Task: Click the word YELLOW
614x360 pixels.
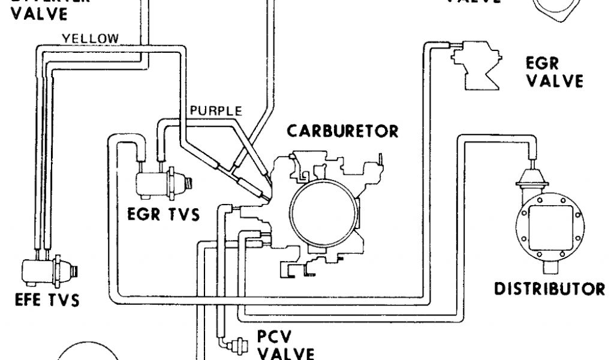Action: (91, 38)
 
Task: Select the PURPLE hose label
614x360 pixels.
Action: (215, 110)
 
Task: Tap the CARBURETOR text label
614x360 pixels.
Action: (342, 131)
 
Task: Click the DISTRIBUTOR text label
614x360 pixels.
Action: (549, 289)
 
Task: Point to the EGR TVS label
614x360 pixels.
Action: (163, 214)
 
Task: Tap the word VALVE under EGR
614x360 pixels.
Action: (553, 81)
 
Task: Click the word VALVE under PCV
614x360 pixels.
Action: (285, 352)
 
